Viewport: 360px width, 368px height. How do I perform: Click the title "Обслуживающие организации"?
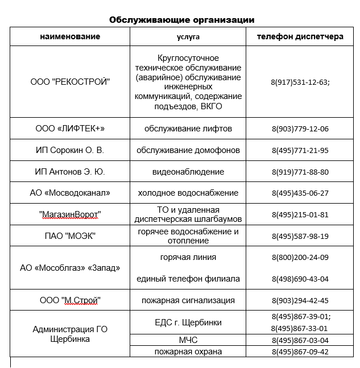[x=181, y=20]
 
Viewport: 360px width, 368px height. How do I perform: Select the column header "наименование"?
[x=70, y=37]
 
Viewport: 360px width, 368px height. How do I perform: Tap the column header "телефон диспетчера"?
[x=300, y=37]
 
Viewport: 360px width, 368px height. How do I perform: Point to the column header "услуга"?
[x=188, y=37]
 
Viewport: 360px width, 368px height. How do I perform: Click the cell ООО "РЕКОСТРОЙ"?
[x=70, y=82]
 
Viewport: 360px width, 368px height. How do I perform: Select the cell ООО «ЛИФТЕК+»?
[x=70, y=129]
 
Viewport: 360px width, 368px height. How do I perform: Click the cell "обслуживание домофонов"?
[x=188, y=150]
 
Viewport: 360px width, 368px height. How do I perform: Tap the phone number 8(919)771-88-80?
[x=300, y=172]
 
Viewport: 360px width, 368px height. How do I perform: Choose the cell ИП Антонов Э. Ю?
[x=70, y=172]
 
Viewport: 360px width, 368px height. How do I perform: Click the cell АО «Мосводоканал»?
[x=70, y=193]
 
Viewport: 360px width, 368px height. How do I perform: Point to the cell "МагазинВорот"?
[x=70, y=214]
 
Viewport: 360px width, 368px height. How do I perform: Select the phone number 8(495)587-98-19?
[x=300, y=236]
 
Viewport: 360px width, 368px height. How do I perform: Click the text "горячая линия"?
[x=188, y=257]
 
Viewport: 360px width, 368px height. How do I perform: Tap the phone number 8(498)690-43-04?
[x=300, y=279]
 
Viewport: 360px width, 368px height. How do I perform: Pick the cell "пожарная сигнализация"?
[x=188, y=300]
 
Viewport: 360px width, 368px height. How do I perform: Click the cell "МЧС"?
[x=188, y=340]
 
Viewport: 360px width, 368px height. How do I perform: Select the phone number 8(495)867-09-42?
[x=300, y=352]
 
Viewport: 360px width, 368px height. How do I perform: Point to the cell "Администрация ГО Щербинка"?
[x=70, y=334]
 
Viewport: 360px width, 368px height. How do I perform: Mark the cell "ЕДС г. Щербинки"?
[x=188, y=322]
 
